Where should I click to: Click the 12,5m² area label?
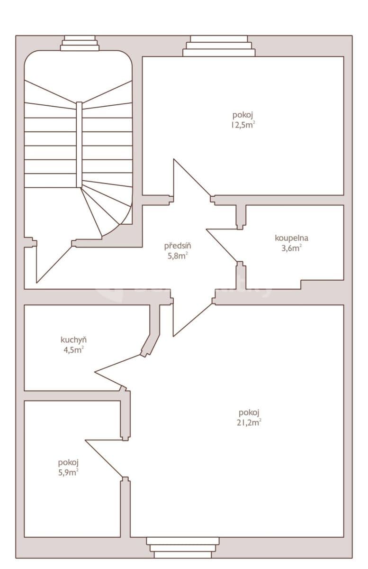(x=243, y=125)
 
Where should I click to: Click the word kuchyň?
(x=73, y=340)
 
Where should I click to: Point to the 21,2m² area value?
(x=249, y=423)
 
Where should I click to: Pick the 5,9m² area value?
(x=68, y=472)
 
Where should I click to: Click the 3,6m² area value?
(x=291, y=248)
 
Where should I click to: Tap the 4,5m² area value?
(x=73, y=350)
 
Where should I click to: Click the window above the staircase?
(x=80, y=44)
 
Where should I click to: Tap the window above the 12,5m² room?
(x=219, y=46)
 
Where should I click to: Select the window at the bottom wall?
(x=183, y=547)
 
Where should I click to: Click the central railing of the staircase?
(x=79, y=145)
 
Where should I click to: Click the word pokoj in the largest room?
(x=249, y=413)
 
